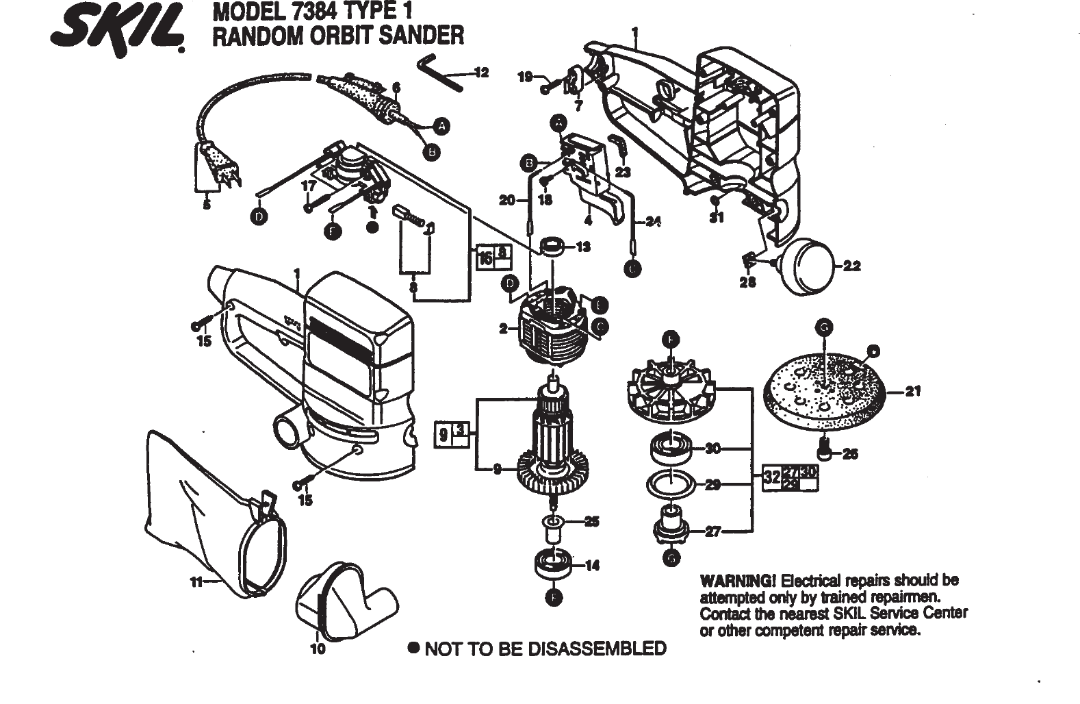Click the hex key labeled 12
coord(438,71)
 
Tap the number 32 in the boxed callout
coord(771,476)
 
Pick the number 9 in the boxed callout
coord(443,434)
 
